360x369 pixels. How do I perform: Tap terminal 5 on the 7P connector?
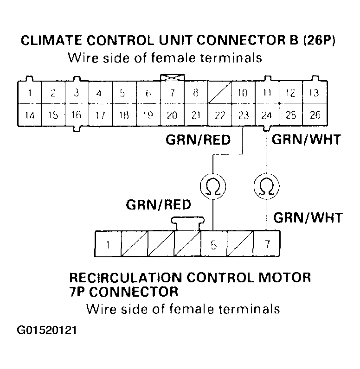point(213,244)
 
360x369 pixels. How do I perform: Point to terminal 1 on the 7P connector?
point(108,244)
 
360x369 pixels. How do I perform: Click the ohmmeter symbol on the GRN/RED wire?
point(213,186)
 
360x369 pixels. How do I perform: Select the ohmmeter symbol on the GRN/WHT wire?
point(266,186)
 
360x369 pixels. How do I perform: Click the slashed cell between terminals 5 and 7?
point(240,244)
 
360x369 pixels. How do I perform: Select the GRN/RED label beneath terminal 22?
point(198,140)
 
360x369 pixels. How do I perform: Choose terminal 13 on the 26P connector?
point(315,93)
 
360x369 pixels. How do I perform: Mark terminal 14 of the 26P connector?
point(29,115)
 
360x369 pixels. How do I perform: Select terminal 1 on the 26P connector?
point(29,93)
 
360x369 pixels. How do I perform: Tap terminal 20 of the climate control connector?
point(172,115)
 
